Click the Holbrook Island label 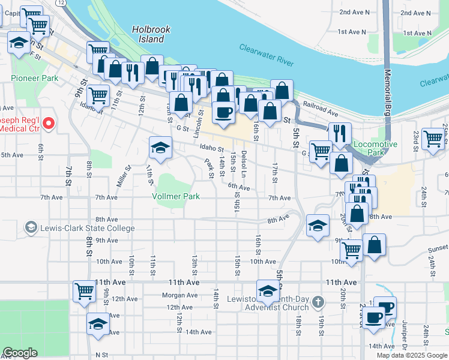click(148, 34)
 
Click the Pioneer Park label click(34, 78)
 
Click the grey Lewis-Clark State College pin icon click(31, 227)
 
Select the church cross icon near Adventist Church click(318, 301)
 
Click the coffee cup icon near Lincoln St click(224, 112)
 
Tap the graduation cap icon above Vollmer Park click(160, 148)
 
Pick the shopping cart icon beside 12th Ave click(84, 292)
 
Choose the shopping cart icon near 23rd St click(432, 139)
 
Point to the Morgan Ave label click(179, 295)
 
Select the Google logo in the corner click(20, 353)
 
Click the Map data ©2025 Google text click(411, 355)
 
